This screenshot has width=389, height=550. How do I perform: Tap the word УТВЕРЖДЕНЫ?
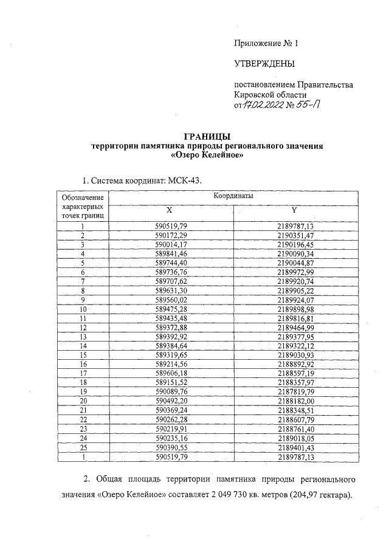click(264, 64)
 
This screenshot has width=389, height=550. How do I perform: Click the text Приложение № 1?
click(267, 43)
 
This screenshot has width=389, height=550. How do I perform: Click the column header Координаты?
click(233, 197)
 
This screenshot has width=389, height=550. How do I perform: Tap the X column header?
click(170, 210)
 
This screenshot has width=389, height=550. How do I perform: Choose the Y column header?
click(294, 210)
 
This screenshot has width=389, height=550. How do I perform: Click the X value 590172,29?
click(170, 235)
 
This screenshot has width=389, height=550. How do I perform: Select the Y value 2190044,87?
click(294, 263)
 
